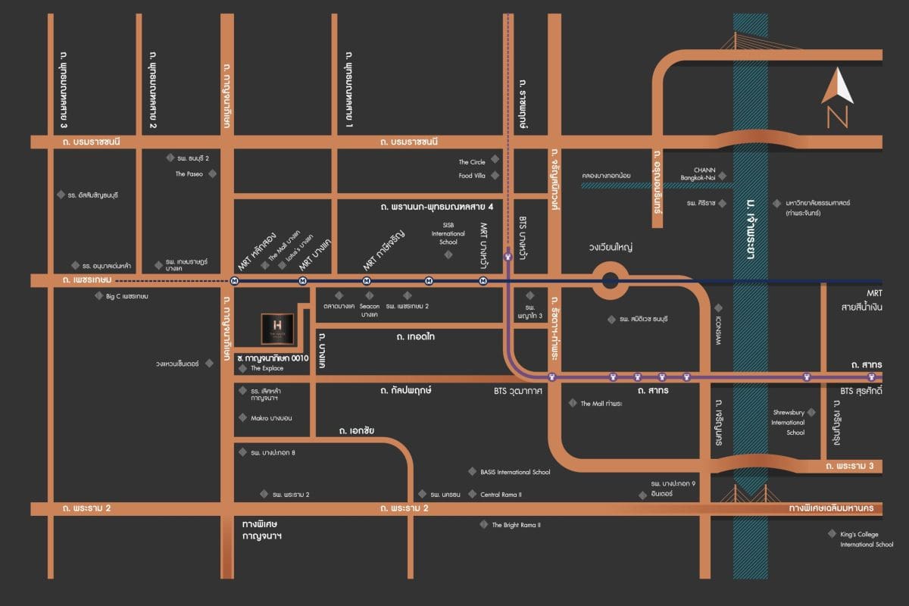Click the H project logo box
coord(276,329)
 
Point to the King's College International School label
coord(867,539)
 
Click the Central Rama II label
coord(501,495)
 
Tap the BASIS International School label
coord(515,472)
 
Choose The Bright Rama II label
coord(517,524)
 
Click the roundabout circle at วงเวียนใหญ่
coord(611,281)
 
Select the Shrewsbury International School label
coord(788,422)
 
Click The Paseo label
coord(190,173)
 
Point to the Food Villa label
coord(472,176)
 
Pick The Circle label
coord(472,161)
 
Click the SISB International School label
coord(448,233)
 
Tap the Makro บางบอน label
coord(271,417)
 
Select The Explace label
coord(267,368)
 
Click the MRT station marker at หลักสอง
coord(235,280)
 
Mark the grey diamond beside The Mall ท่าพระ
coord(573,403)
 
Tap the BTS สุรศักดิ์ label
coord(861,392)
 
